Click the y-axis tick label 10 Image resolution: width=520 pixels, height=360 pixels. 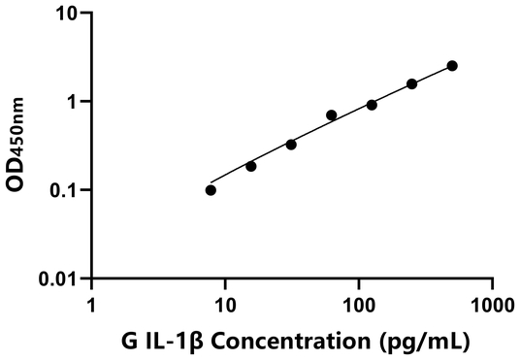pyautogui.click(x=65, y=14)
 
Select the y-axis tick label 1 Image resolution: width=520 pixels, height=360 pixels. pyautogui.click(x=72, y=102)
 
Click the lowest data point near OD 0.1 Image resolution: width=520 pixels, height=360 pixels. pyautogui.click(x=211, y=190)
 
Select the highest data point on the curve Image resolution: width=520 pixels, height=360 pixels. pyautogui.click(x=452, y=66)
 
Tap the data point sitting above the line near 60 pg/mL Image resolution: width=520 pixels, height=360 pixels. pyautogui.click(x=331, y=115)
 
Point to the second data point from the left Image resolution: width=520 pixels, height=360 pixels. pyautogui.click(x=251, y=166)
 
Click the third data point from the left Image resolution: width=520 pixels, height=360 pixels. pyautogui.click(x=291, y=145)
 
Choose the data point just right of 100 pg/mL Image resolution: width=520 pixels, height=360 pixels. pyautogui.click(x=372, y=104)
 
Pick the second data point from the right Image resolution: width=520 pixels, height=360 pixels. pyautogui.click(x=411, y=84)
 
